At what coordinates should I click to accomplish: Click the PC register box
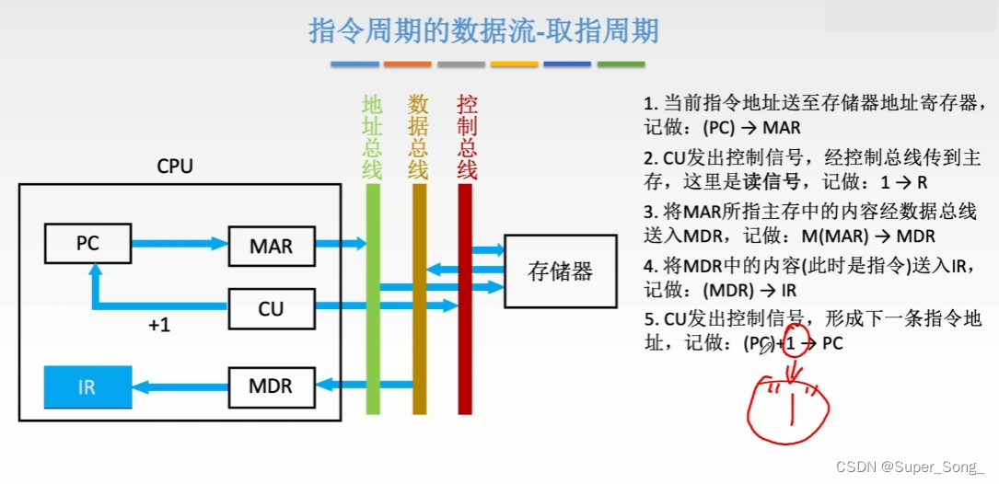point(87,245)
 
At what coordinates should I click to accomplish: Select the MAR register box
point(271,247)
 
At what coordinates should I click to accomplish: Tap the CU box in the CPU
point(271,309)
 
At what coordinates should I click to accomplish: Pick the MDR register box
point(271,386)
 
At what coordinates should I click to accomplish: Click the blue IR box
point(87,386)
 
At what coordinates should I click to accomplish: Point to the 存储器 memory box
point(560,271)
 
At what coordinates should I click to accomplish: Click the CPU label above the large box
point(175,167)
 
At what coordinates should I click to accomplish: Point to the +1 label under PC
point(159,326)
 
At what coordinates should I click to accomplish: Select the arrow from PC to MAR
point(179,244)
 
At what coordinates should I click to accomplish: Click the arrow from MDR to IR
point(179,386)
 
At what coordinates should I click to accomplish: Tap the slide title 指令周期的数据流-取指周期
point(483,32)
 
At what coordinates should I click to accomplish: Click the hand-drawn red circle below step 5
point(789,409)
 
